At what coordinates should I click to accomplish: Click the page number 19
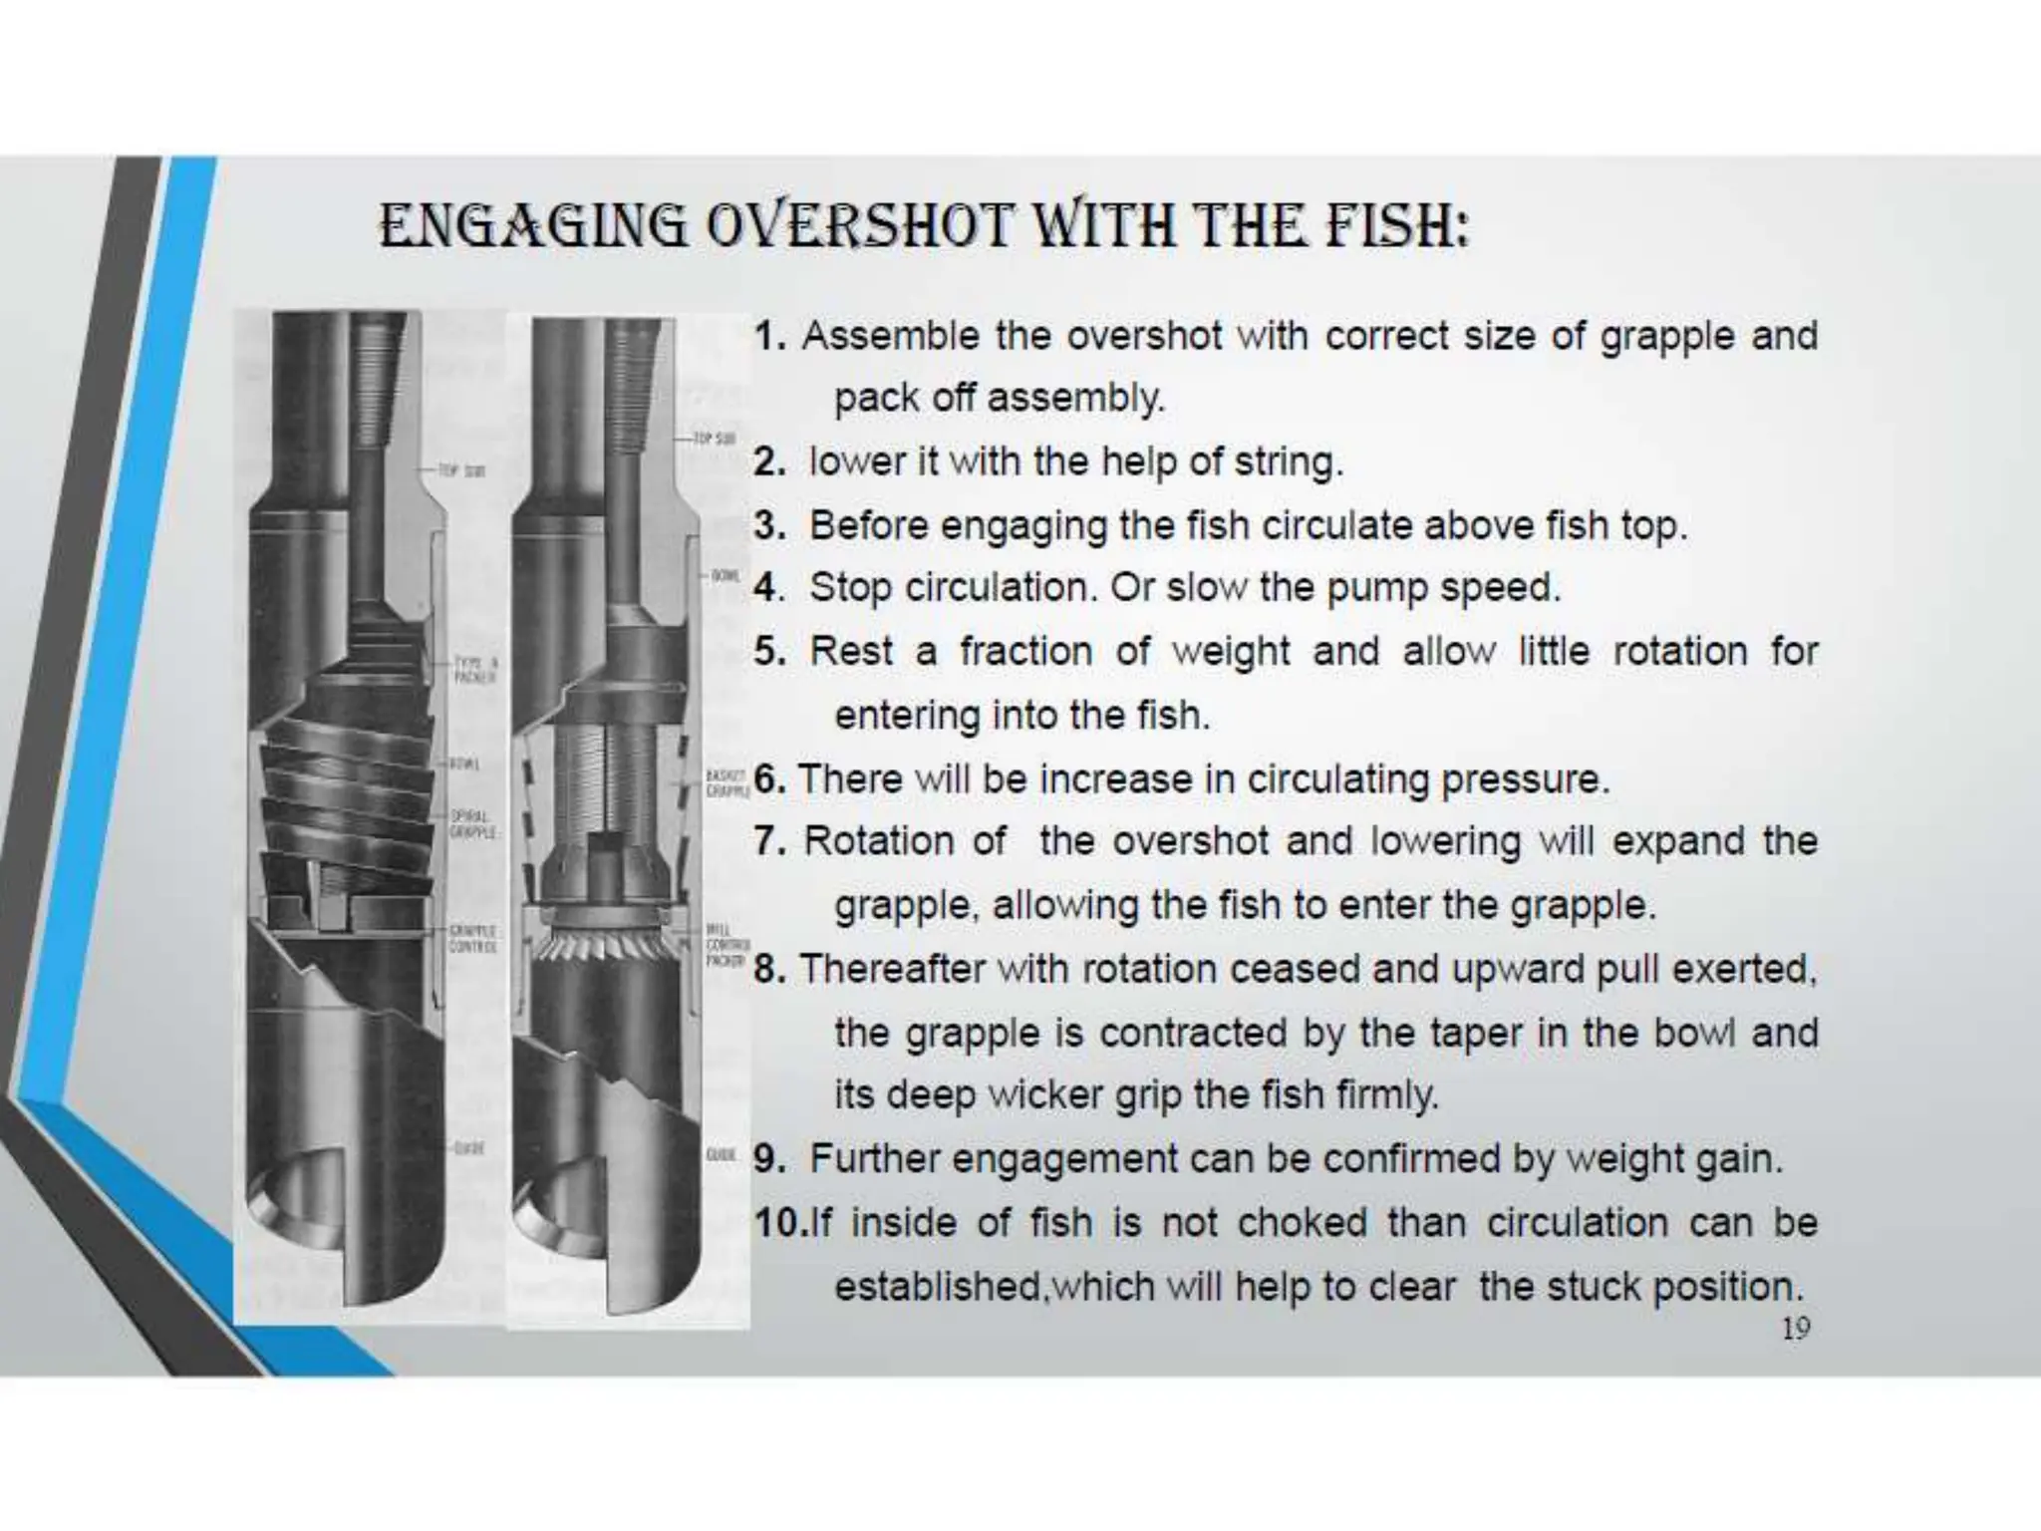[1795, 1329]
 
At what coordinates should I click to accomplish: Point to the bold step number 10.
[777, 1223]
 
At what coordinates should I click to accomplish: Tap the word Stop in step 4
[850, 588]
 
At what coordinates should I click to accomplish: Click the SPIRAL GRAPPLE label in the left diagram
[469, 823]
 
